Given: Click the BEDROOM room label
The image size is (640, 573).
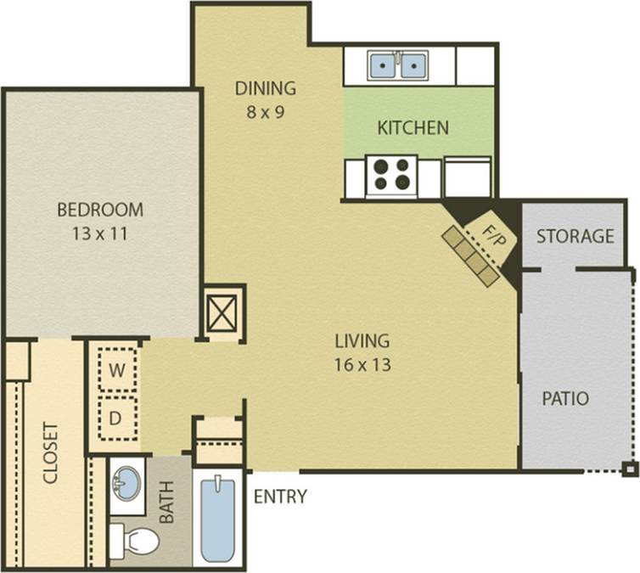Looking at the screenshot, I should pos(100,209).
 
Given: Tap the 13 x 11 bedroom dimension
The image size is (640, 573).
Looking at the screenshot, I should pos(100,233).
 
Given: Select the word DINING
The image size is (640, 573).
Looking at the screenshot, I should pos(266,87).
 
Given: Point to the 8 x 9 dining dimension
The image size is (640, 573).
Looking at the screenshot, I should pos(266,111).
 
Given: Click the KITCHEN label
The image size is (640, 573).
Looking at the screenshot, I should pos(413,128).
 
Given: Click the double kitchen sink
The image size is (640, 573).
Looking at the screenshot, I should pos(397,65).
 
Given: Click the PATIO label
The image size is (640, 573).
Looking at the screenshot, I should pos(566,398).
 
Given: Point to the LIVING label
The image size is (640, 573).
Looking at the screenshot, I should pos(362,341).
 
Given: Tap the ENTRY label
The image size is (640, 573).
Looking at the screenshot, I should pos(280,497).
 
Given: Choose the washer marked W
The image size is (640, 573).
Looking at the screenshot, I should pos(118,371).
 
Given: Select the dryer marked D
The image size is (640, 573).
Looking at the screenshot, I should pos(118,418).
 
